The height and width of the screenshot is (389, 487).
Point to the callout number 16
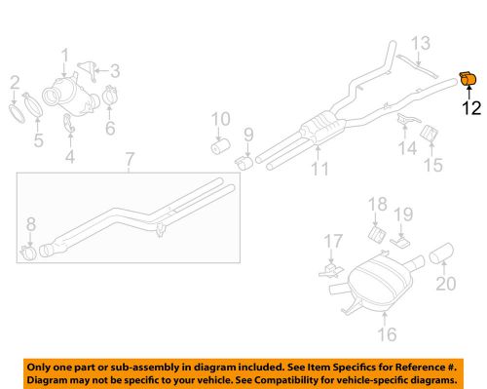click(387, 335)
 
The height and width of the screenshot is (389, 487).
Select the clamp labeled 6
click(108, 98)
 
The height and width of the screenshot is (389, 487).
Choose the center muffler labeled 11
click(319, 128)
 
